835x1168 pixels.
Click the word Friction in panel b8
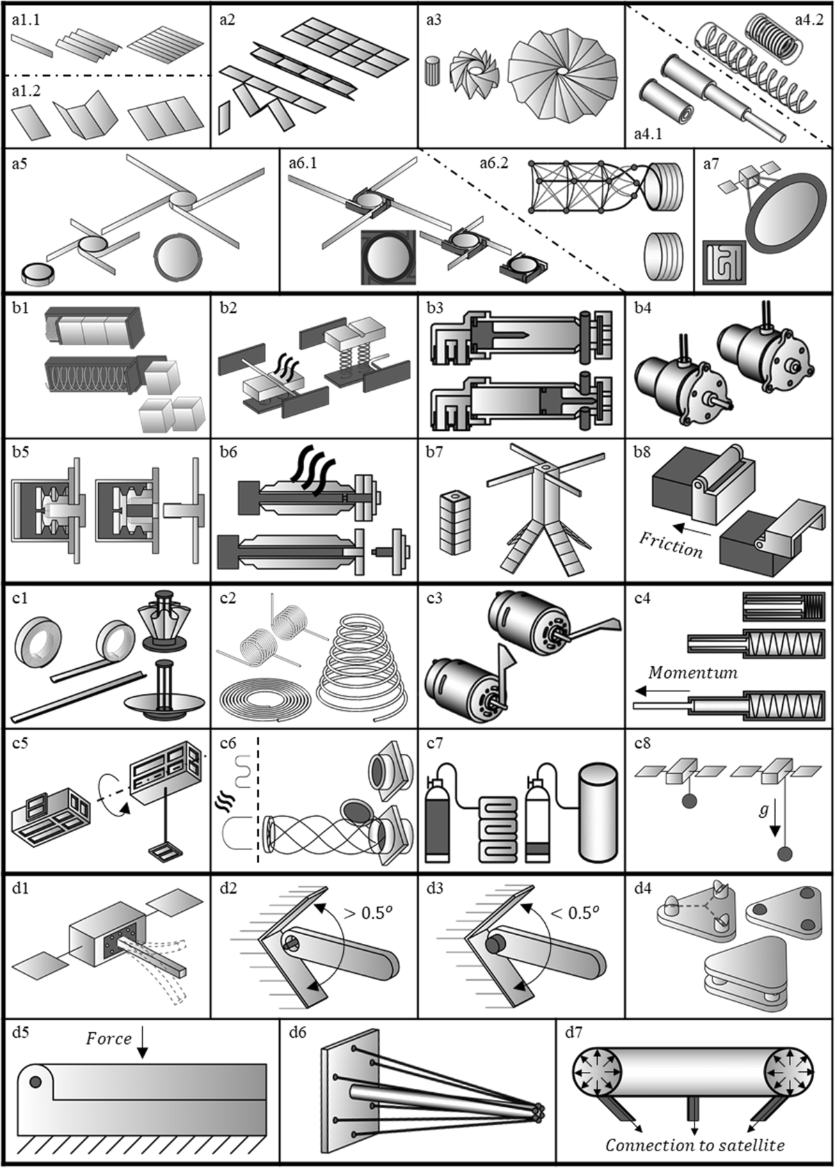coord(671,545)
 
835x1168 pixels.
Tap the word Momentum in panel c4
coord(693,672)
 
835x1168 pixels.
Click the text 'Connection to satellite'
coord(695,1145)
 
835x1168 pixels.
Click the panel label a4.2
coord(809,20)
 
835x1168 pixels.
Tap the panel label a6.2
coord(493,164)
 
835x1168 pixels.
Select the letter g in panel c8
coord(763,811)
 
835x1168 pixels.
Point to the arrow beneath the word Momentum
coord(662,691)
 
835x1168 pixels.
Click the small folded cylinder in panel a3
coord(433,72)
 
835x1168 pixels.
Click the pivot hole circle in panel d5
coord(35,1082)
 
